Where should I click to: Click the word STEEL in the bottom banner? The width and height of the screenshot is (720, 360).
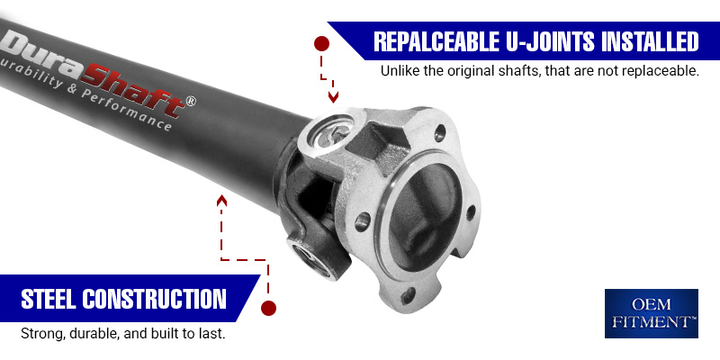[49, 299]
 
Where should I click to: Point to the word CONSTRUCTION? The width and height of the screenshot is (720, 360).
[154, 299]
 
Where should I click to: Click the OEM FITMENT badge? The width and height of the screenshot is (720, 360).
[651, 313]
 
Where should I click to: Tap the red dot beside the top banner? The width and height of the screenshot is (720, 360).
[322, 44]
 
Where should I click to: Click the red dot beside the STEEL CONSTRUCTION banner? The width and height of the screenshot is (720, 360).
[268, 308]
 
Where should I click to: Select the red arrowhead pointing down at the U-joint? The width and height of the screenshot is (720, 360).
[333, 97]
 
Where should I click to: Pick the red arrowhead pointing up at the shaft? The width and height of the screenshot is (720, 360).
[222, 200]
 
